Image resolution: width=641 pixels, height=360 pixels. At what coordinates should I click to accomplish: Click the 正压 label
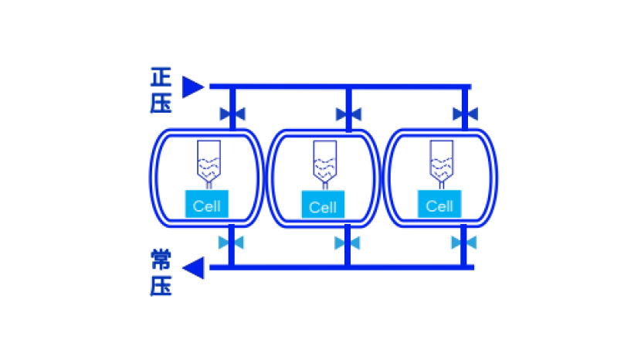click(161, 90)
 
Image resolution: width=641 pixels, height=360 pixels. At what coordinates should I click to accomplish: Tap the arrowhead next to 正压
click(192, 87)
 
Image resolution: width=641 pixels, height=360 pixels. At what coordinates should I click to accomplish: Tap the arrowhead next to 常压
click(193, 268)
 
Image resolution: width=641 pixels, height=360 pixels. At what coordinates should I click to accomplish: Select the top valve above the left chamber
click(232, 114)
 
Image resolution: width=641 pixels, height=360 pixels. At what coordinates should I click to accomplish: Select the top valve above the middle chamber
click(348, 114)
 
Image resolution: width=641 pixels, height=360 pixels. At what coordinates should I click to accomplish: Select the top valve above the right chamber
click(465, 114)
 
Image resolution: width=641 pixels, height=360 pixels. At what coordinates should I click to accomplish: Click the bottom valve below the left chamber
click(231, 243)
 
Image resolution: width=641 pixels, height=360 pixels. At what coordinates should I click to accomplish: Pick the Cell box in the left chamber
click(206, 205)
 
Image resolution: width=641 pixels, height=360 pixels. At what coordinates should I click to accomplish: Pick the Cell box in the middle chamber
click(323, 206)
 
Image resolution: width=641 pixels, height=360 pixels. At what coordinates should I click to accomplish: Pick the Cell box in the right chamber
click(439, 205)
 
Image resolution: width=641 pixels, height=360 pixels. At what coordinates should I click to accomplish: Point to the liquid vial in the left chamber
click(209, 160)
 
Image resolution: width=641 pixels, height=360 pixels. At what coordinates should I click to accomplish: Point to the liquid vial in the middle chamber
click(324, 161)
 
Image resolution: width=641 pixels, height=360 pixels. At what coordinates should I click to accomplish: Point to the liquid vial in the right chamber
click(441, 160)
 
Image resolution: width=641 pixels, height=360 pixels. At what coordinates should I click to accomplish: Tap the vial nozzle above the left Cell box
click(209, 185)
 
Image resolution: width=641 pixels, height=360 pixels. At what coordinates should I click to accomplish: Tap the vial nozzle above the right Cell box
click(441, 185)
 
